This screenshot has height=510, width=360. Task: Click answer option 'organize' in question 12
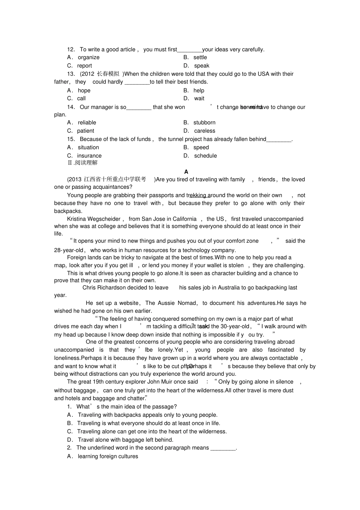click(x=88, y=58)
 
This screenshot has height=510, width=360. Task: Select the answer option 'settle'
click(x=200, y=58)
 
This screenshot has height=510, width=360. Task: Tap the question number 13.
click(x=71, y=74)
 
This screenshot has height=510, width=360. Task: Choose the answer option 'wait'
click(x=199, y=99)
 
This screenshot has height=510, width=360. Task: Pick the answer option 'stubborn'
click(x=204, y=123)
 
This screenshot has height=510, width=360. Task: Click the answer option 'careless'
click(x=205, y=131)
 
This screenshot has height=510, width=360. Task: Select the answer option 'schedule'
click(x=205, y=156)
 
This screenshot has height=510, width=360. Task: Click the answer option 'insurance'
click(x=89, y=156)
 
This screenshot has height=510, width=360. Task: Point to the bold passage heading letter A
click(x=186, y=172)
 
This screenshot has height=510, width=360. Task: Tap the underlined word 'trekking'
click(x=197, y=196)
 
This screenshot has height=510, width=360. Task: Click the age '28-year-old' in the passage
click(x=69, y=250)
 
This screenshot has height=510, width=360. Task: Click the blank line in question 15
click(x=279, y=140)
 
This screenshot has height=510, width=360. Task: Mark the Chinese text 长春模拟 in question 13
click(x=108, y=74)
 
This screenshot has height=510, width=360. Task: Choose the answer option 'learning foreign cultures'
click(x=108, y=457)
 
